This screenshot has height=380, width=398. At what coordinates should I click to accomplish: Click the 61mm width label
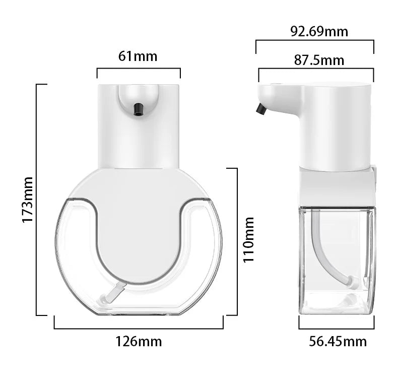coord(138,56)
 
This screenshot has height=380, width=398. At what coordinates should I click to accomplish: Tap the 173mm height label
coord(27,200)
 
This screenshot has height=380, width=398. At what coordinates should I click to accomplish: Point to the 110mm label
coord(249,239)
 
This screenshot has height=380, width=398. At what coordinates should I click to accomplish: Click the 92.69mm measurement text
coord(319,31)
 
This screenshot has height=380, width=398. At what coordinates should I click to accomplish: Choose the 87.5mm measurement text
coord(319,60)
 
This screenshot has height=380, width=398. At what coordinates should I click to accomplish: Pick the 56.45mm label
coord(338,341)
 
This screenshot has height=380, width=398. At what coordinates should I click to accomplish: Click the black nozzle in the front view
coord(138,108)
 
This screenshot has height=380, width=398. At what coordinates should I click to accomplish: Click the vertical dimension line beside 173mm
coord(37,200)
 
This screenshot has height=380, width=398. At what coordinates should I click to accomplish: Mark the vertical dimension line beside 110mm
coord(236,241)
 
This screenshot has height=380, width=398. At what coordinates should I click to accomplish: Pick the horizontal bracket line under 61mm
coord(138,69)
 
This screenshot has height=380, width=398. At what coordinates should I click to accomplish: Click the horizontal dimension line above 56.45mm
coord(337,328)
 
